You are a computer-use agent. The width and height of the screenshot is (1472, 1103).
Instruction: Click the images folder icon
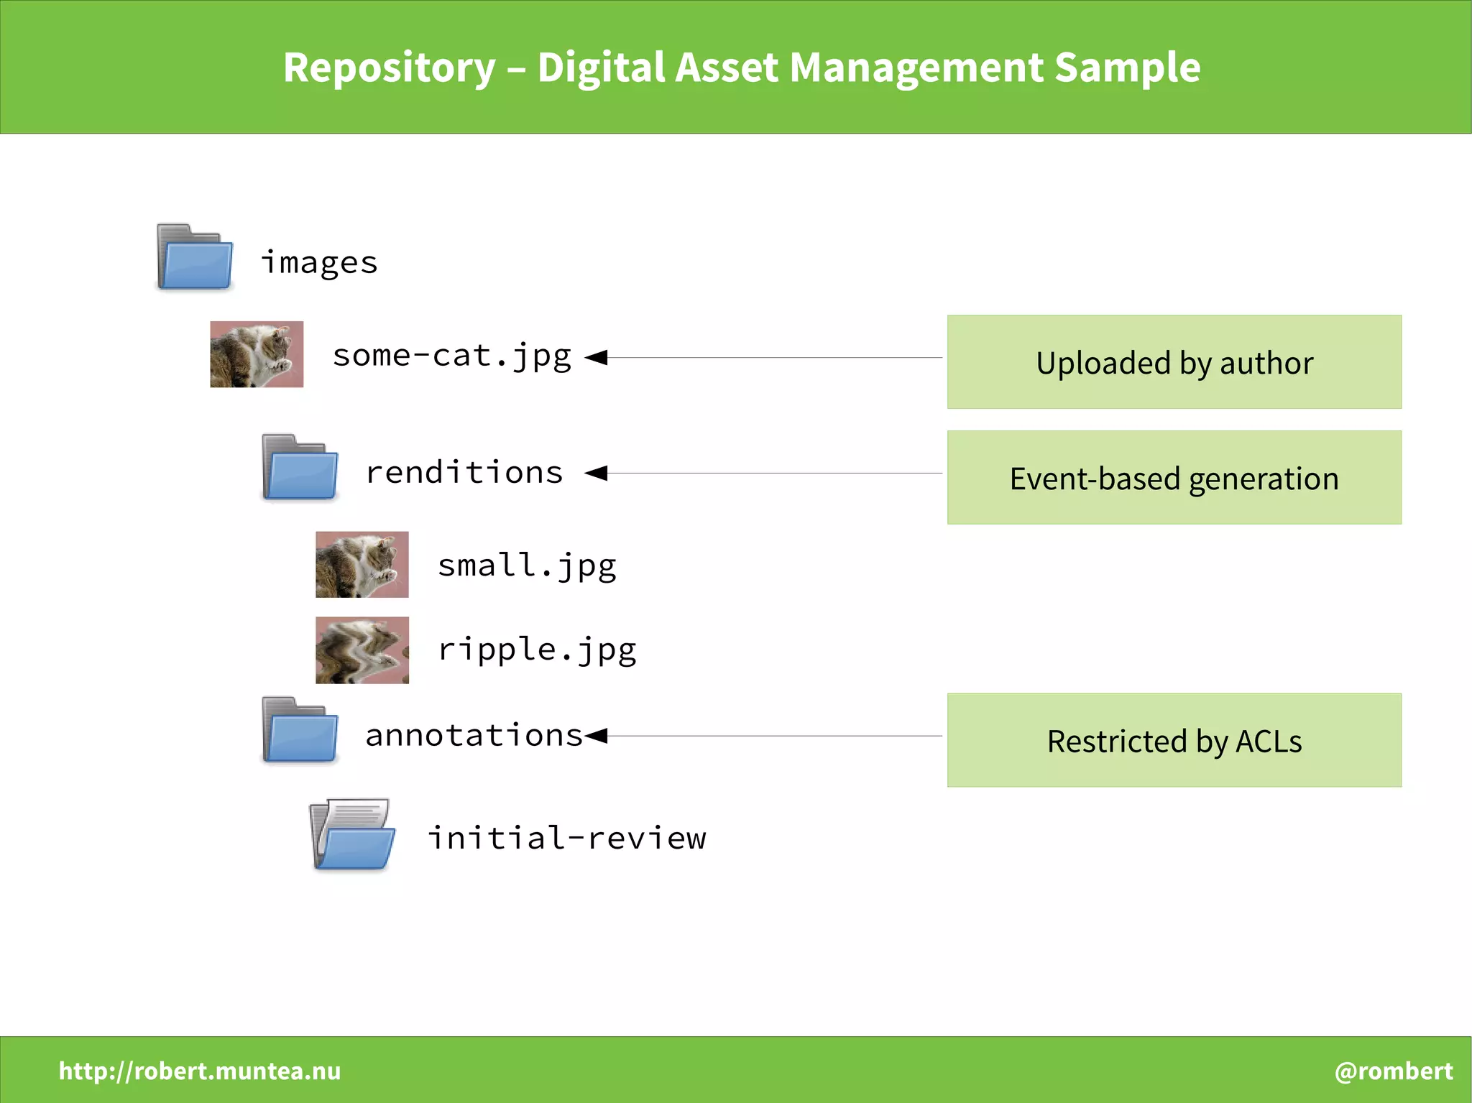[195, 257]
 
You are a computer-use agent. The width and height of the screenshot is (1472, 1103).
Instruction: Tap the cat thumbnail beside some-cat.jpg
[257, 354]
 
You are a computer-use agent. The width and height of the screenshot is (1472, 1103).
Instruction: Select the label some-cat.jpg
[451, 356]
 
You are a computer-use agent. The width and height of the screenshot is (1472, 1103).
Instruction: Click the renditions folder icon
[300, 467]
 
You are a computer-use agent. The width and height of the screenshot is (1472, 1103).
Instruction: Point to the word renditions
[464, 472]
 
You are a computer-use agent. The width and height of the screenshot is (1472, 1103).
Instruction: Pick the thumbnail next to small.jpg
[362, 565]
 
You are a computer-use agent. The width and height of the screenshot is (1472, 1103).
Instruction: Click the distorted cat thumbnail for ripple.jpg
[362, 650]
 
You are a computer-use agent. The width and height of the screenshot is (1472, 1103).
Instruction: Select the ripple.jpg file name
[537, 650]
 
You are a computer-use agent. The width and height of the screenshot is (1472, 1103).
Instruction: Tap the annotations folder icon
[300, 730]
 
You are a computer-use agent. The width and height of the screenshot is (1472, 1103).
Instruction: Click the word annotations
[474, 735]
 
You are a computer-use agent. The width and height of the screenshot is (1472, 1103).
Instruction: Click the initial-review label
[566, 838]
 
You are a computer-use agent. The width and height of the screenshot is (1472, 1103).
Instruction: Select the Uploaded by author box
[1174, 362]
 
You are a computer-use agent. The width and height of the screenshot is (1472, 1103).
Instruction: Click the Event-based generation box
[1174, 478]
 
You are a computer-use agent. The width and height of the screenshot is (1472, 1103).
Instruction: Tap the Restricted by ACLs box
[1174, 740]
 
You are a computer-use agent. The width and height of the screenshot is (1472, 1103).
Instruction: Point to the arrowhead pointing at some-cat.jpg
[597, 357]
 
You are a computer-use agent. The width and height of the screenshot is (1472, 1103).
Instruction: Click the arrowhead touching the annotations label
[597, 735]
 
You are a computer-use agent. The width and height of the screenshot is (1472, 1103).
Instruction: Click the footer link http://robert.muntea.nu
[200, 1071]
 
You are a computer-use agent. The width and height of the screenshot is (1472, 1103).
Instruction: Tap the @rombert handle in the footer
[1393, 1071]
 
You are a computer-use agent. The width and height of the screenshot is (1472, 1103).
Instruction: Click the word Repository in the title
[389, 68]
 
